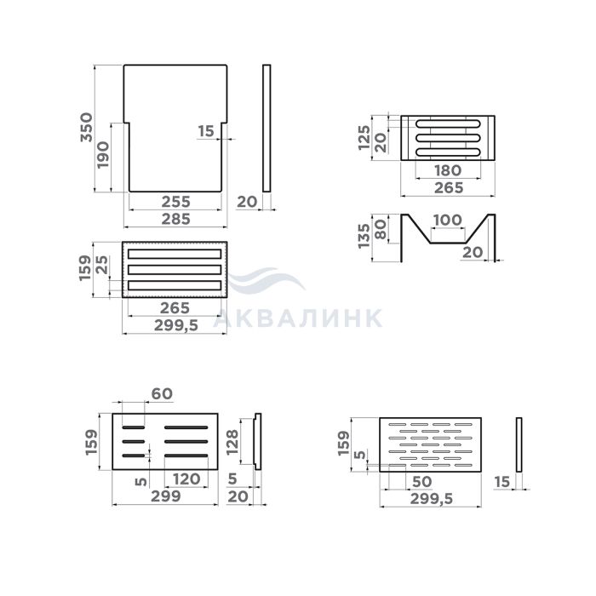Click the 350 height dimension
tap(87, 128)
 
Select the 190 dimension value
tap(103, 155)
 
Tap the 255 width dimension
tap(175, 202)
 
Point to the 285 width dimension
tap(175, 219)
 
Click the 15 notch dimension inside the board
tap(206, 131)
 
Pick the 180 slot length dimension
tap(448, 170)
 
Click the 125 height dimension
tap(364, 138)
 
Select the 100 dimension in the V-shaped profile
tap(447, 220)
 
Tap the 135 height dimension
tap(364, 236)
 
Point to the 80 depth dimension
tap(381, 230)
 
